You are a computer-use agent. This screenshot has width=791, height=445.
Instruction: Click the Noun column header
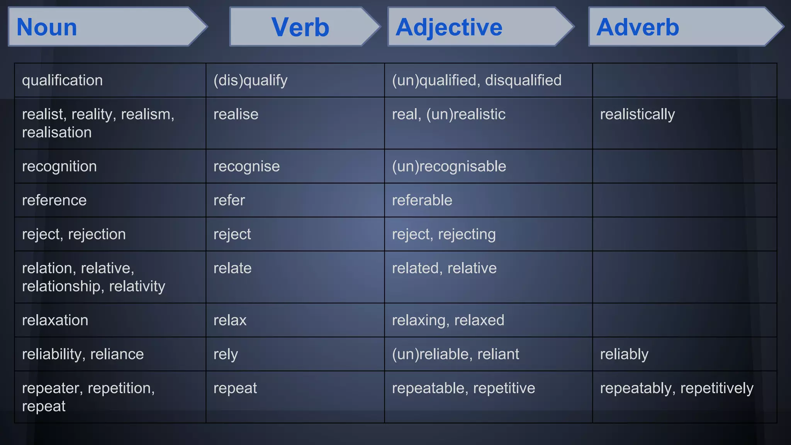coord(47,27)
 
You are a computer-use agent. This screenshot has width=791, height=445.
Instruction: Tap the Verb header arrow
coord(300,27)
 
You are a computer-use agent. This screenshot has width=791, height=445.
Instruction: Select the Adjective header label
coord(449,27)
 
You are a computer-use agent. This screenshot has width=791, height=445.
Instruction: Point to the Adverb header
coord(637,27)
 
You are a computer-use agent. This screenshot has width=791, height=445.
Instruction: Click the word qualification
coord(62,80)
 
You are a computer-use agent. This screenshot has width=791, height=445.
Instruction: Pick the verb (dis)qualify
coord(250,80)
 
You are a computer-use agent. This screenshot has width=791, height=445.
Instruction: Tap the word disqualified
coord(523,80)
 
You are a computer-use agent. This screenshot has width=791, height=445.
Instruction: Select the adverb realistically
coord(637,114)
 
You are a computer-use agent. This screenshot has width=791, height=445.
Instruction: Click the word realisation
coord(57,132)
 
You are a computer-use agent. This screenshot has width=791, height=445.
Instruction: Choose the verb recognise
coord(246,166)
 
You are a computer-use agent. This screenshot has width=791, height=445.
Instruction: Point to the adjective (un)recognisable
coord(449,166)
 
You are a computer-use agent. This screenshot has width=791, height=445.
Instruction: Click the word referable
coord(422,200)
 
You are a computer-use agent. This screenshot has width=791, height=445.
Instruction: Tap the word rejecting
coord(467,234)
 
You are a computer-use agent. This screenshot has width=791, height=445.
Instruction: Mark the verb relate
coord(232,268)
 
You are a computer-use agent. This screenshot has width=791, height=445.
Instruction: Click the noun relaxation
coord(55,320)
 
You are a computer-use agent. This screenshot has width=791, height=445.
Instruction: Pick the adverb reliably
coord(624,354)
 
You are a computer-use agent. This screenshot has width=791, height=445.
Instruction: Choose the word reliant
coord(498,354)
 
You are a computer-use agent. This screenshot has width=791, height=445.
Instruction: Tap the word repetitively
coord(716,388)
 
